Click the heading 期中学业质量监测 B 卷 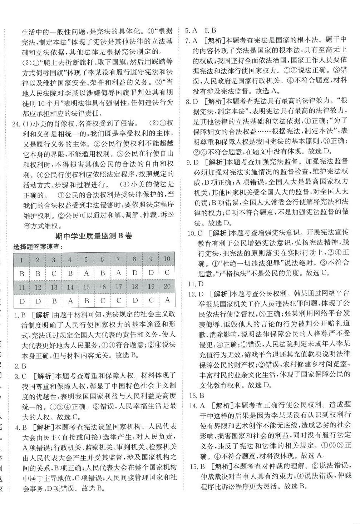click(x=94, y=236)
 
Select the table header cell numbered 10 click(x=167, y=259)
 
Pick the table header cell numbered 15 click(x=86, y=287)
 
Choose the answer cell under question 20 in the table click(x=167, y=301)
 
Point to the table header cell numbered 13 click(x=54, y=287)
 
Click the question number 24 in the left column click(x=16, y=124)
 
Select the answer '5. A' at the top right click(x=192, y=30)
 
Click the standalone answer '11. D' click(x=195, y=284)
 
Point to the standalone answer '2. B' click(x=20, y=366)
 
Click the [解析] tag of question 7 click(x=214, y=40)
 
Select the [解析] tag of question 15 click(x=220, y=466)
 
